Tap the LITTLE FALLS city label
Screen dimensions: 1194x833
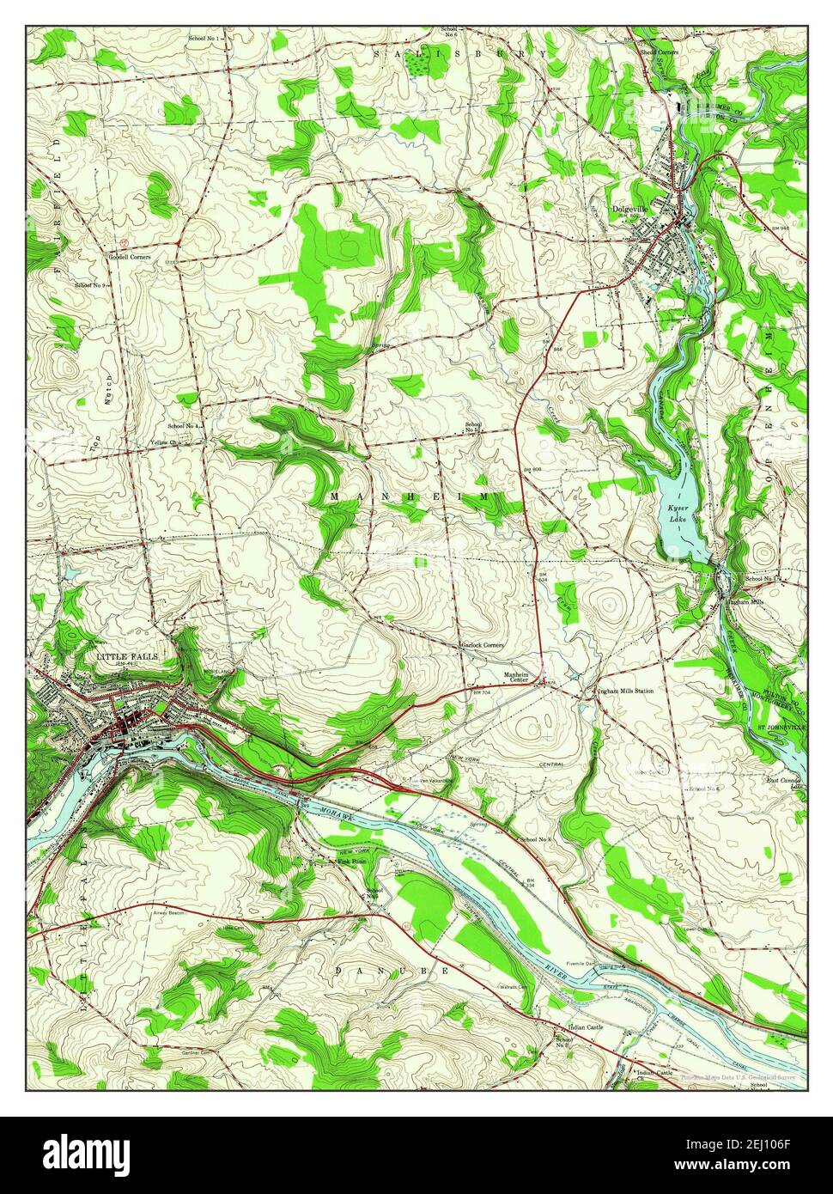point(127,656)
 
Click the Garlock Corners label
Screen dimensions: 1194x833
point(482,644)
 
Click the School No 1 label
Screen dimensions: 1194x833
point(206,40)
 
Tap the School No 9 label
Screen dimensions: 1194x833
point(90,285)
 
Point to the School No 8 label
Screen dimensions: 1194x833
point(535,838)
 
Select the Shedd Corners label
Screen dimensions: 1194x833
point(658,52)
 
